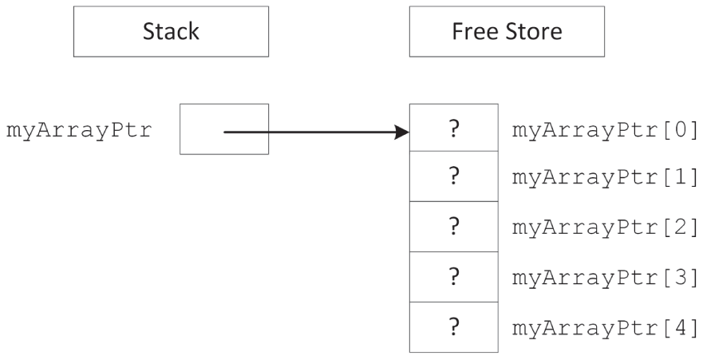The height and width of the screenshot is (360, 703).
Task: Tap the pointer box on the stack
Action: point(224,129)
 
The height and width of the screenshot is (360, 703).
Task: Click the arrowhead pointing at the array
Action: point(402,130)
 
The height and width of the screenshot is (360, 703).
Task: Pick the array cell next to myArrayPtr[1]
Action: point(454,177)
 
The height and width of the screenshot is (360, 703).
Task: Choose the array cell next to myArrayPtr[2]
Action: point(454,227)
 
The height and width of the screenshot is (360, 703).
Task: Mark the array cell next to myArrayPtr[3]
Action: point(454,276)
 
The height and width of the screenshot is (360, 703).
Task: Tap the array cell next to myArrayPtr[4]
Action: point(454,326)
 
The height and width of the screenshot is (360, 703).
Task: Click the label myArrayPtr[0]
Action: point(606,130)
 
